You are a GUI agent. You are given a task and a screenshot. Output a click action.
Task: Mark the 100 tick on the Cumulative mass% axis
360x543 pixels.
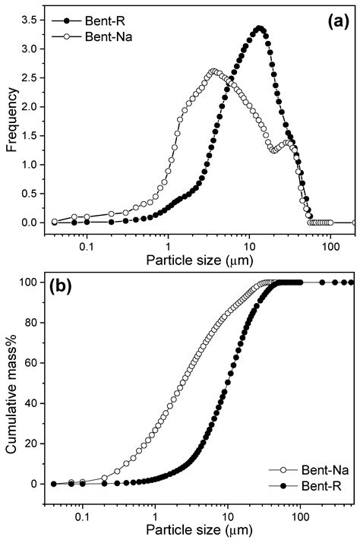(x=33, y=283)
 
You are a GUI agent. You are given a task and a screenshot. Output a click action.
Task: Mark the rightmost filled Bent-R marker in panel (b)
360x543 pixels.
(x=350, y=283)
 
